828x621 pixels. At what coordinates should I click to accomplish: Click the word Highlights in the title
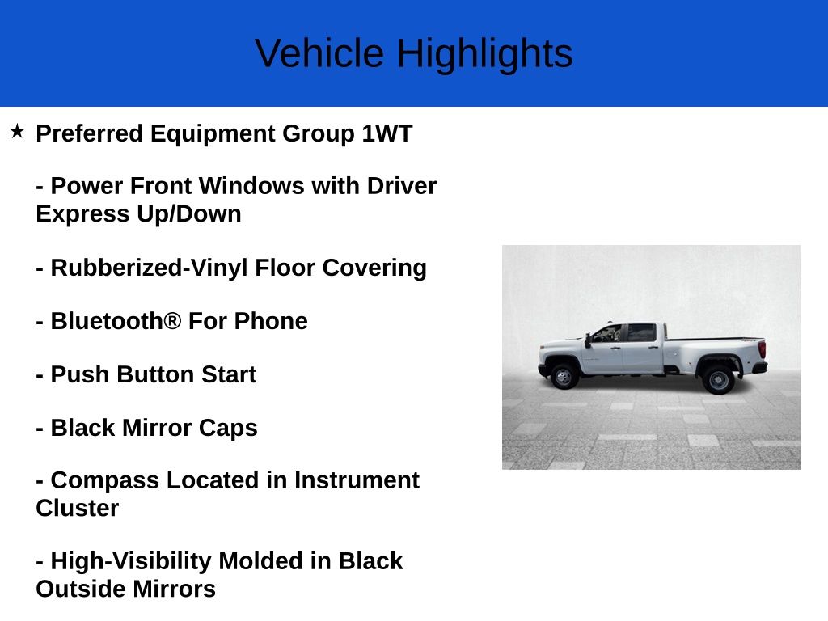pyautogui.click(x=484, y=54)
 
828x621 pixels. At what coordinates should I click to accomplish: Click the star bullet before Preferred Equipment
pyautogui.click(x=17, y=131)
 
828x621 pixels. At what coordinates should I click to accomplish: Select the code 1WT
pyautogui.click(x=387, y=133)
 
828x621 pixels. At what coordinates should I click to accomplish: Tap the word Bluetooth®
pyautogui.click(x=116, y=321)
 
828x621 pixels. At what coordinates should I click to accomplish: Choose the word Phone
pyautogui.click(x=271, y=321)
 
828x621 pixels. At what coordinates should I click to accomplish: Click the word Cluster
pyautogui.click(x=78, y=509)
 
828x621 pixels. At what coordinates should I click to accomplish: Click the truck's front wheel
pyautogui.click(x=564, y=377)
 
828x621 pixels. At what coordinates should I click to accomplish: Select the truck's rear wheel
pyautogui.click(x=717, y=378)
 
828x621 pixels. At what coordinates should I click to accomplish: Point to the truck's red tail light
pyautogui.click(x=762, y=349)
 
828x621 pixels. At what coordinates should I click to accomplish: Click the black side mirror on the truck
pyautogui.click(x=588, y=340)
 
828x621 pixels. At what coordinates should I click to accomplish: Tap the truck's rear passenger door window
pyautogui.click(x=641, y=333)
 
